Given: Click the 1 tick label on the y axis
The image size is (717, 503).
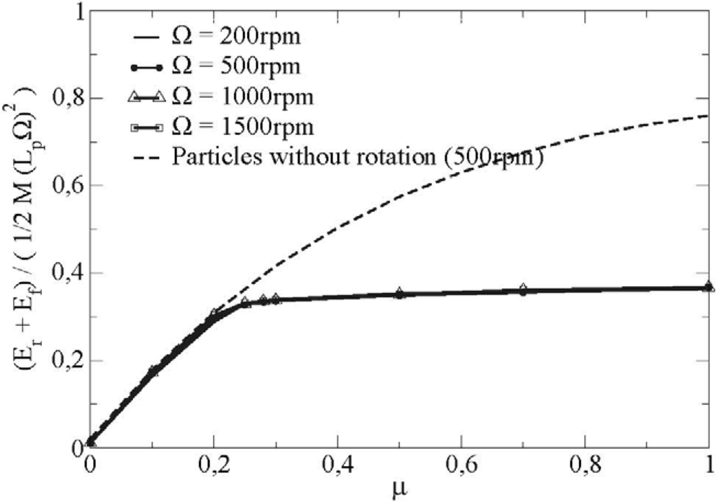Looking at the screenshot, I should (71, 12).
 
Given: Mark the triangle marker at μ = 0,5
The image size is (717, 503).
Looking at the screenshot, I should (399, 292).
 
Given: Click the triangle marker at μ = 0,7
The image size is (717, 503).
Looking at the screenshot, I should (523, 289).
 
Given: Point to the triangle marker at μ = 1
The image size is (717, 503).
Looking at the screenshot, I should (709, 285).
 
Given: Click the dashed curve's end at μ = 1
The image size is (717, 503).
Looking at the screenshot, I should (709, 115).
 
